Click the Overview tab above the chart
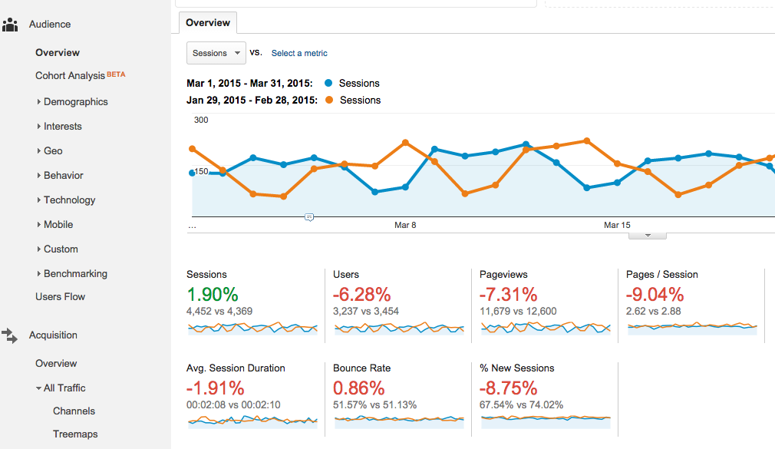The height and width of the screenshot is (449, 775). click(x=208, y=23)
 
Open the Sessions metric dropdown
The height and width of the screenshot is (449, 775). click(x=216, y=53)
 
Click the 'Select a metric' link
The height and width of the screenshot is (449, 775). click(x=299, y=54)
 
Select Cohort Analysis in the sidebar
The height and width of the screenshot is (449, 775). click(x=70, y=76)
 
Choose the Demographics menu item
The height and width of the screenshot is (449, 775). click(x=75, y=102)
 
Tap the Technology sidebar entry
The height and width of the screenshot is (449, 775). click(x=69, y=200)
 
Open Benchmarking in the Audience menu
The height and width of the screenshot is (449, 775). click(x=75, y=274)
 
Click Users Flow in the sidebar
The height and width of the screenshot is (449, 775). click(x=60, y=297)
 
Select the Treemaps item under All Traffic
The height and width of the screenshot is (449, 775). click(x=75, y=434)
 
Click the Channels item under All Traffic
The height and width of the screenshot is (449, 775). click(x=74, y=411)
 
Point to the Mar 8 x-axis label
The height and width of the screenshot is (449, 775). click(x=405, y=225)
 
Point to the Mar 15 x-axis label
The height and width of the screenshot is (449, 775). click(x=617, y=225)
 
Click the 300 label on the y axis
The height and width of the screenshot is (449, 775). click(x=201, y=120)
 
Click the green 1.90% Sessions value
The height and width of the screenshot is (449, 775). click(x=213, y=295)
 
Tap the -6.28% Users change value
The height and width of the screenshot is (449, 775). click(x=361, y=295)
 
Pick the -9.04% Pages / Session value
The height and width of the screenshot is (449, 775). click(x=655, y=295)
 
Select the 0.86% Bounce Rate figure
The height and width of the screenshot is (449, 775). click(x=358, y=388)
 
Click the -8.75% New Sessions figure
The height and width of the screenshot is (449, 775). click(x=508, y=388)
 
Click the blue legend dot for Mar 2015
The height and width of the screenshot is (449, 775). click(x=329, y=83)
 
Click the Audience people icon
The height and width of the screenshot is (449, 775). click(x=10, y=25)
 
